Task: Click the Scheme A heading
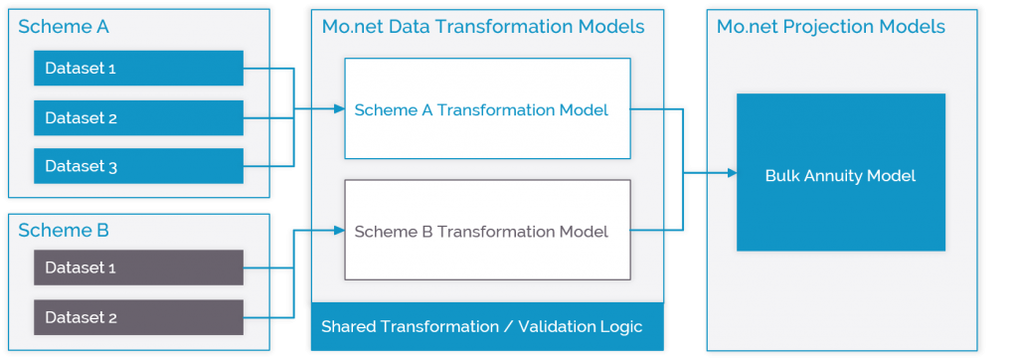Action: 64,27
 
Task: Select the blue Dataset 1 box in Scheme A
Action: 138,69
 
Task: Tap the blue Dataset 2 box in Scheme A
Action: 138,117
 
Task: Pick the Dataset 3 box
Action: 138,166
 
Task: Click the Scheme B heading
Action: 64,231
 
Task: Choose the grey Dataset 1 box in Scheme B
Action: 138,268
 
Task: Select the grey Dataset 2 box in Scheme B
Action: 138,317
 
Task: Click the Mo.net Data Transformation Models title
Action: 483,27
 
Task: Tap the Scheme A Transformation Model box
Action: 487,108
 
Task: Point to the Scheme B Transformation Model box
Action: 487,231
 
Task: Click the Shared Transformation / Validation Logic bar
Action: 482,326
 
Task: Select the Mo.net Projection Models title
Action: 830,27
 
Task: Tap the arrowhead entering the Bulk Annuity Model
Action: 731,173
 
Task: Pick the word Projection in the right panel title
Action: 837,27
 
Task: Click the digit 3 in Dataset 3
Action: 113,167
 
